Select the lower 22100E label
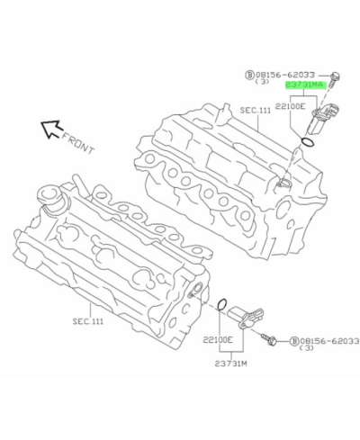pos(218,339)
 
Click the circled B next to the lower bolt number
pos(293,342)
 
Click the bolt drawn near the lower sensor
pos(269,339)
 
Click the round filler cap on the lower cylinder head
pos(49,199)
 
